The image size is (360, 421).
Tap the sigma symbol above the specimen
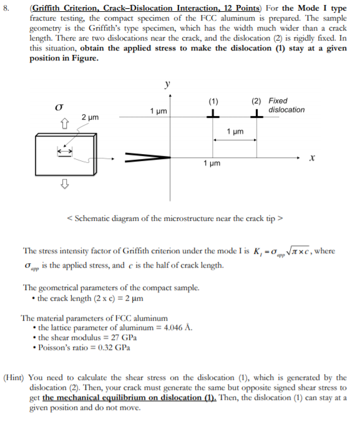61,107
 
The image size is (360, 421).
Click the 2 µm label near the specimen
90,117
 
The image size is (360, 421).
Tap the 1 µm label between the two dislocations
235,132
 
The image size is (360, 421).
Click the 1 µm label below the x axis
212,163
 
